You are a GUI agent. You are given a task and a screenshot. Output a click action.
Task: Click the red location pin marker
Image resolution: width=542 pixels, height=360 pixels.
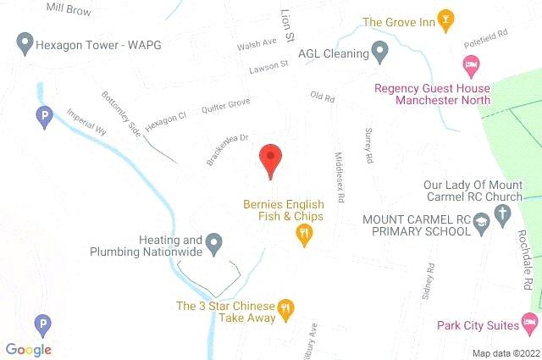click(269, 159)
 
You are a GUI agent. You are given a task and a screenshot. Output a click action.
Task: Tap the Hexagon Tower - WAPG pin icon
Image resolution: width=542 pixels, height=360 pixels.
click(25, 41)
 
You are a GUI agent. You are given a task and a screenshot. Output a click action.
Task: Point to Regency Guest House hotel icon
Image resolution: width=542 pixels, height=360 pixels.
click(470, 64)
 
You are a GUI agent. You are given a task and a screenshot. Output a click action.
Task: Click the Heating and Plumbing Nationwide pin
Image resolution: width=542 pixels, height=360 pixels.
click(214, 246)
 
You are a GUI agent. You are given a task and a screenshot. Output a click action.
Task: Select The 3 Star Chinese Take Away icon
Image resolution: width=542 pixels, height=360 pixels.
click(286, 309)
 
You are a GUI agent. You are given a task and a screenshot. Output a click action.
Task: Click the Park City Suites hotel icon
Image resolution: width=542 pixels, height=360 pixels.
click(529, 322)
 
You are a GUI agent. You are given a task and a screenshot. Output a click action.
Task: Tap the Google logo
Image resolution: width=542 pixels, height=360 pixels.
click(28, 349)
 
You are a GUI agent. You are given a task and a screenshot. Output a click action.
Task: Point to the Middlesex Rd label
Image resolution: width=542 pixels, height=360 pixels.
click(340, 176)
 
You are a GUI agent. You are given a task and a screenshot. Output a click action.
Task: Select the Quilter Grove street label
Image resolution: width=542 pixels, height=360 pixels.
click(225, 108)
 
